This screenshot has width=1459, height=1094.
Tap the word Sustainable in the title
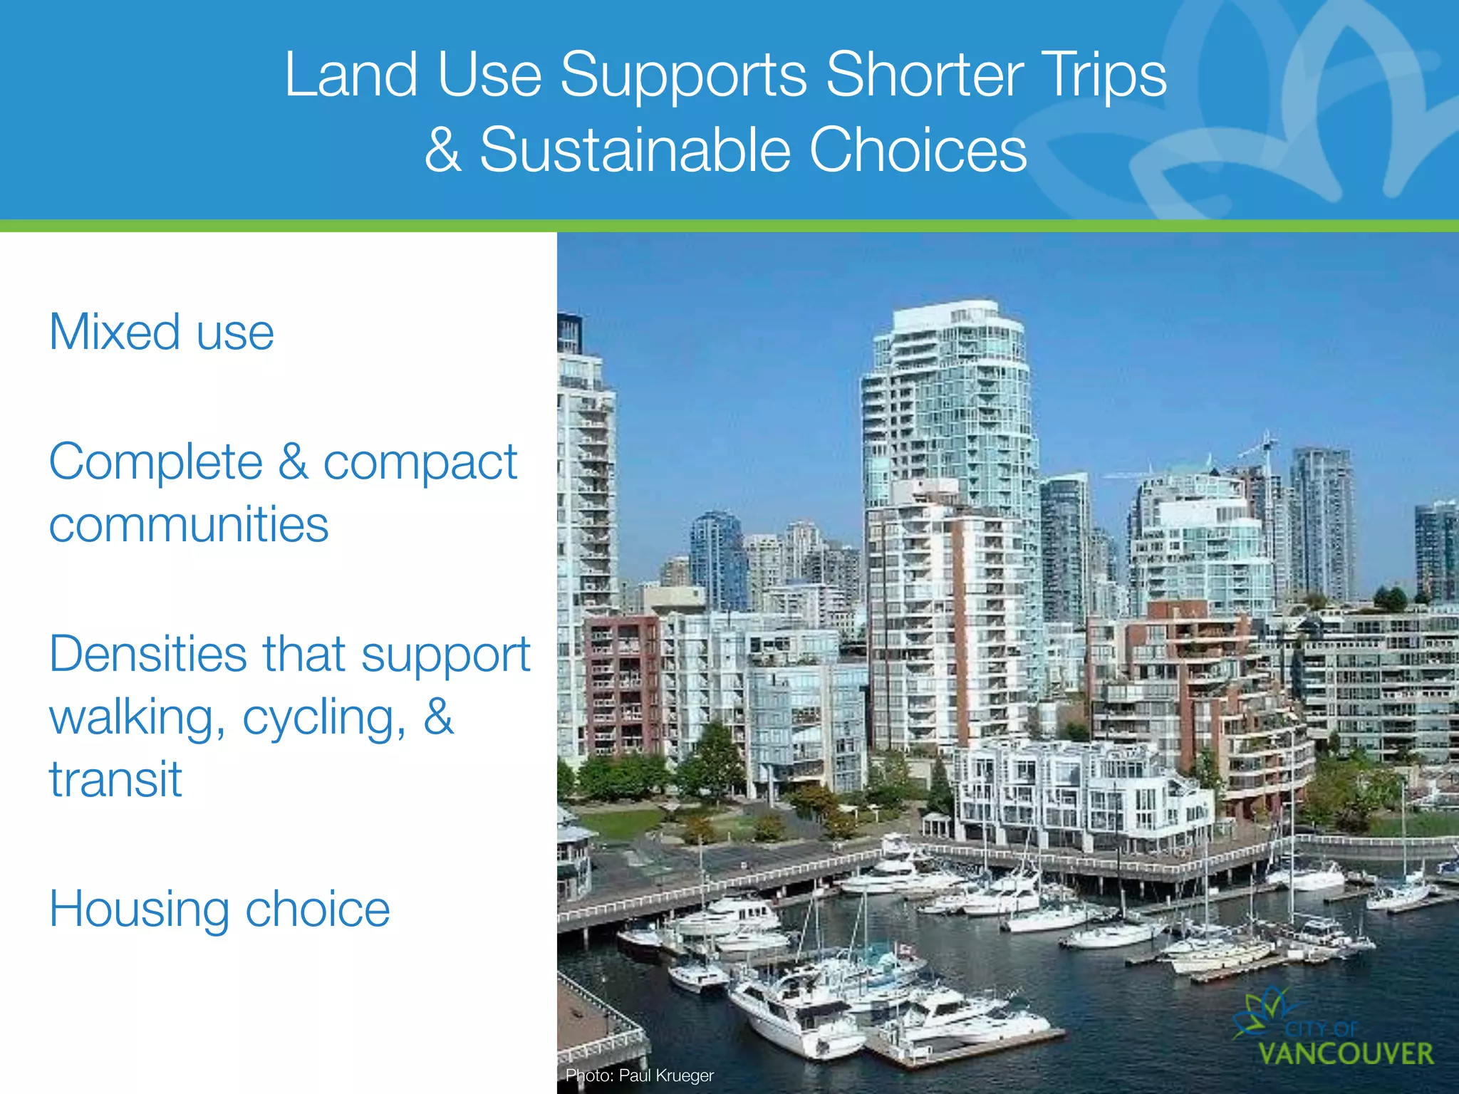[635, 150]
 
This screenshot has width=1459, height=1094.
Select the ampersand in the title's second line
[442, 150]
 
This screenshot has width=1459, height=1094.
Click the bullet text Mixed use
[162, 333]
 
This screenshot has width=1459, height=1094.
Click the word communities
[189, 525]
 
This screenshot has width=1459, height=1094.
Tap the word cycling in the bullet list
[324, 718]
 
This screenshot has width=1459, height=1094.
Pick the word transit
[115, 779]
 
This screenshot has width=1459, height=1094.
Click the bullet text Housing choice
[219, 910]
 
